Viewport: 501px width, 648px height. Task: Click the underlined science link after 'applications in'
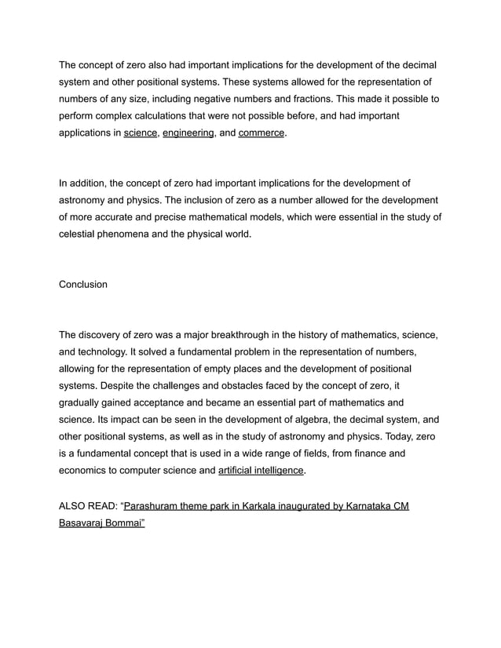click(x=140, y=133)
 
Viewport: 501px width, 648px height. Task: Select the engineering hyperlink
click(x=188, y=133)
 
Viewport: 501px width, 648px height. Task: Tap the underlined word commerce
click(x=261, y=133)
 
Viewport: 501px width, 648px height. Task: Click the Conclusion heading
click(x=83, y=284)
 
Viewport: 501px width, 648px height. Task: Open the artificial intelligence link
click(x=261, y=471)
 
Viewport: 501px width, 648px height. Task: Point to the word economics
click(x=87, y=471)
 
